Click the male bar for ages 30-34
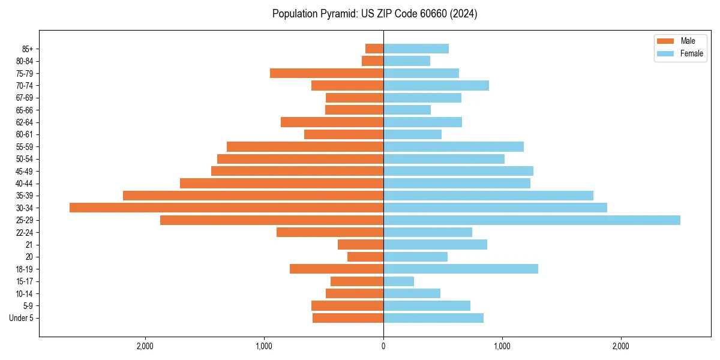(x=226, y=208)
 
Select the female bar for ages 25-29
(x=532, y=220)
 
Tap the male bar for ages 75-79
(x=326, y=73)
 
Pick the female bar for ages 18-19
(x=461, y=269)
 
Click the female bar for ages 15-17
(x=398, y=281)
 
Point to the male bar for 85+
(x=374, y=49)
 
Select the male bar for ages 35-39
(x=253, y=196)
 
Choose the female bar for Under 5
(x=433, y=318)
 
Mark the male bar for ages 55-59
(x=305, y=146)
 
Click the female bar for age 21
(x=435, y=245)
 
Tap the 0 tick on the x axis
(x=383, y=346)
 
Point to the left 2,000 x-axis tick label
(x=145, y=346)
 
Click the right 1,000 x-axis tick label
(x=502, y=346)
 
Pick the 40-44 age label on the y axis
(x=25, y=184)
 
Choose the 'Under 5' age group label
(x=22, y=318)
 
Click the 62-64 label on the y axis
(x=25, y=122)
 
